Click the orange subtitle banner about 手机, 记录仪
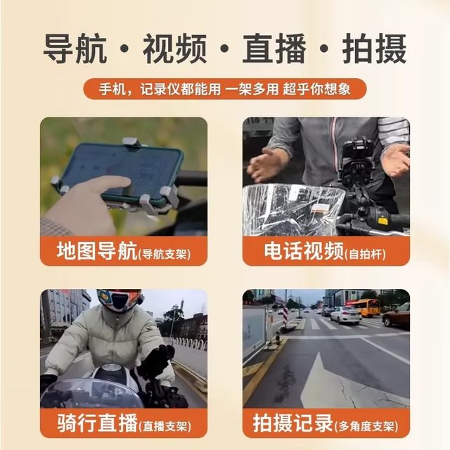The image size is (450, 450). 224,89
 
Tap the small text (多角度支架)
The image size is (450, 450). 371,426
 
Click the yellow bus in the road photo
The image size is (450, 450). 363,307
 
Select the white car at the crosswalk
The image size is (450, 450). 345,315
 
